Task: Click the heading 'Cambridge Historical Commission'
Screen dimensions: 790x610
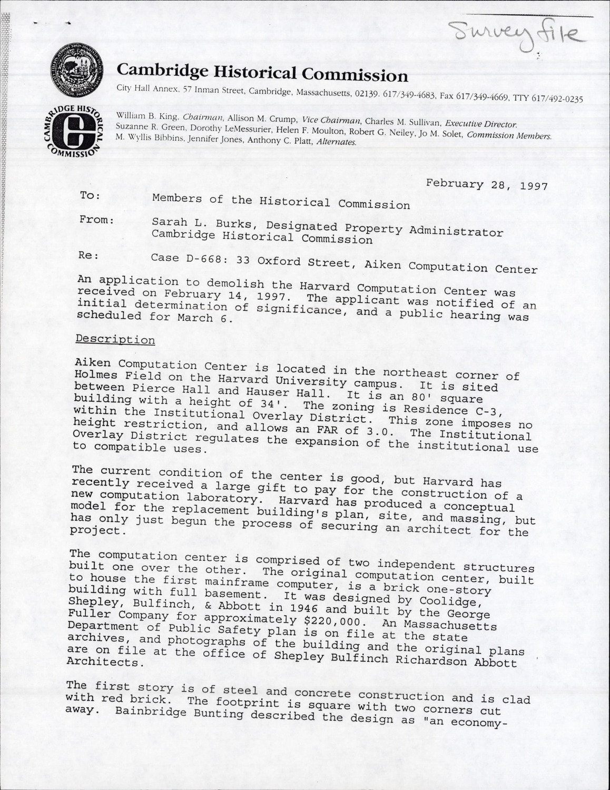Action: point(262,72)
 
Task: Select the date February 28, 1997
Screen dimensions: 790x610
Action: point(487,185)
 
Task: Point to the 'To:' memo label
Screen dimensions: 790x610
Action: point(90,195)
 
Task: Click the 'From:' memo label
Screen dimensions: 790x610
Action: point(96,219)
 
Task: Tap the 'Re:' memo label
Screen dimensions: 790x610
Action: point(87,256)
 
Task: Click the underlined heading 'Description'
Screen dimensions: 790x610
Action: point(115,339)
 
